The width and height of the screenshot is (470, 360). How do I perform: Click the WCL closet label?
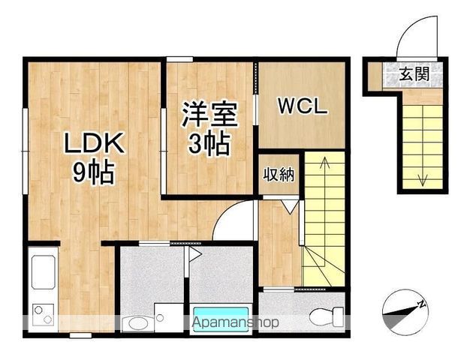(x=303, y=106)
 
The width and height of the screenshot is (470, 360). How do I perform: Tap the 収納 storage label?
(x=278, y=175)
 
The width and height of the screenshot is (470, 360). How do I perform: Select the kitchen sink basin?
(x=43, y=273)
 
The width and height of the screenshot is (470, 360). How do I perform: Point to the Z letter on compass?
(x=423, y=303)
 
